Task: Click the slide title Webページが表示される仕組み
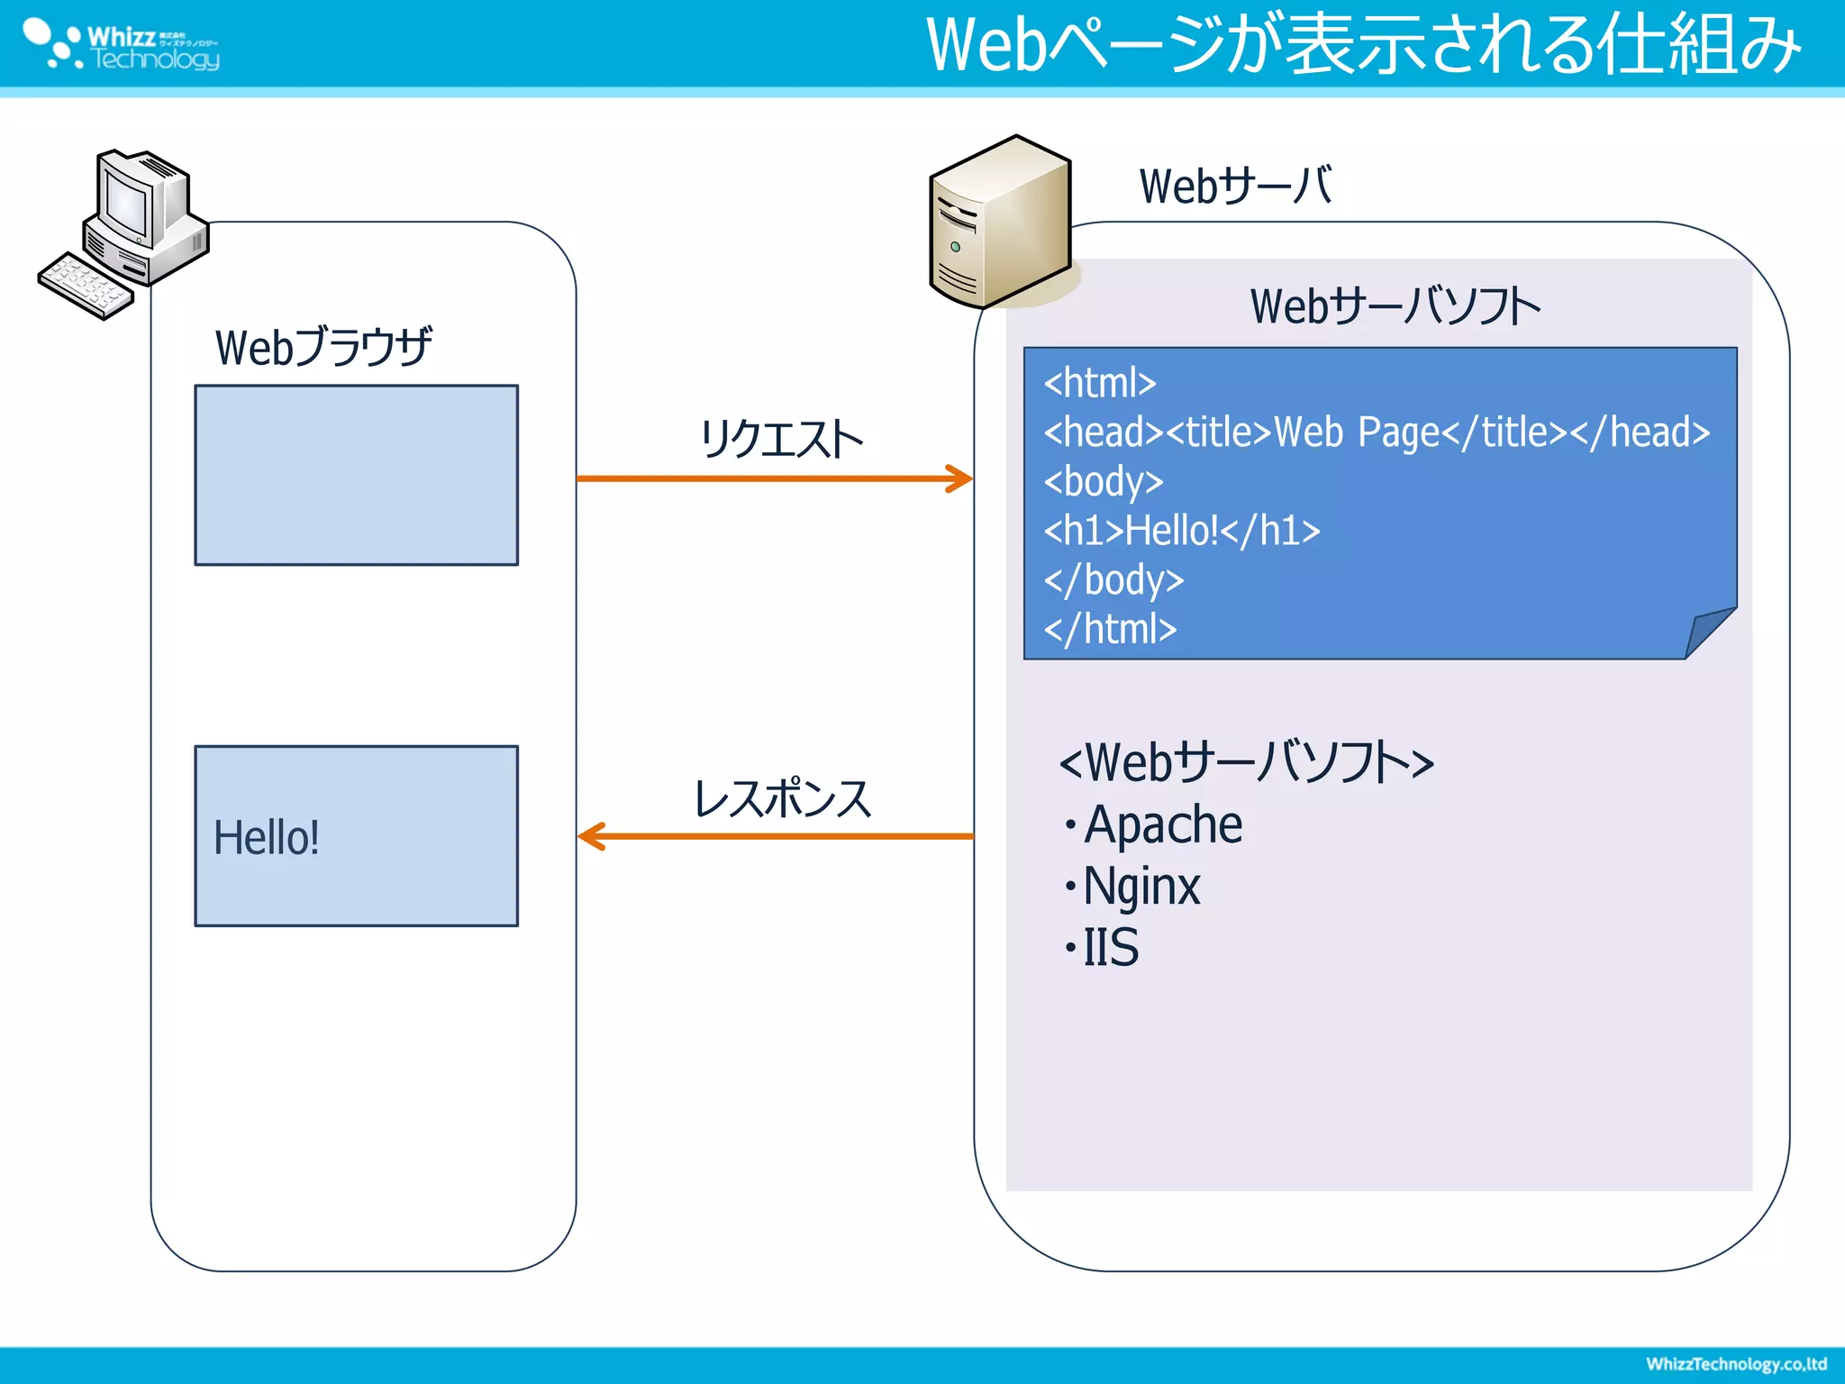pos(1362,45)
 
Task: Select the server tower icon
pos(1000,223)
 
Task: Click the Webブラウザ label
pos(323,347)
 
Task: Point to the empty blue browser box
pos(356,475)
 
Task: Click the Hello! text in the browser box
pos(266,838)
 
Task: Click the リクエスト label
pos(780,440)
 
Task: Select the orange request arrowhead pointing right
pos(961,478)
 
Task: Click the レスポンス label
pos(782,799)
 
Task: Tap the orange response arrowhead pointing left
pos(590,836)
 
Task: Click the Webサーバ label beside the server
pos(1234,187)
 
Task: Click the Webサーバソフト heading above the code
pos(1395,306)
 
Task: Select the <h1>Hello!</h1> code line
pos(1181,531)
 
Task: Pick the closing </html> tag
pos(1110,629)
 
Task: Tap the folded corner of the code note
pos(1707,633)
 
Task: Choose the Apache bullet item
pos(1162,825)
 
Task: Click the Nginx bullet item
pos(1141,887)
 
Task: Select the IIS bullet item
pos(1110,948)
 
